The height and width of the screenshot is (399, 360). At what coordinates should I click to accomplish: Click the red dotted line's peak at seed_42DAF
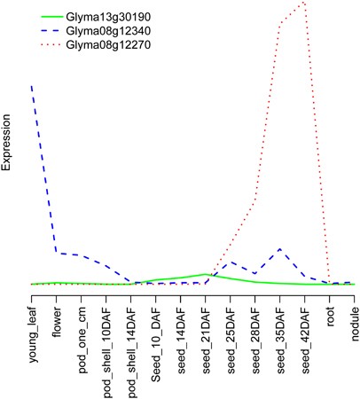click(x=305, y=3)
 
